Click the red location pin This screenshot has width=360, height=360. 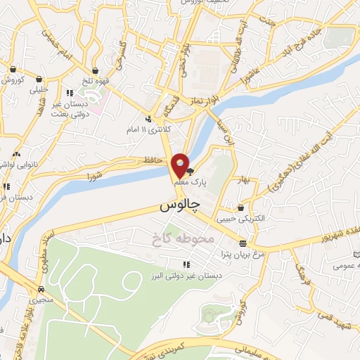tap(181, 165)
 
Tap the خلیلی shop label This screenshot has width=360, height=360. tap(38, 90)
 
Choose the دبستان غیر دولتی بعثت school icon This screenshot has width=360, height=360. tap(69, 92)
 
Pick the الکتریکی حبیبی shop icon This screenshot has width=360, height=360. tap(241, 207)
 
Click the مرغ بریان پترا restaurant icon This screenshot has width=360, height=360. tap(252, 243)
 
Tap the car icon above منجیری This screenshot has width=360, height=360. tap(41, 289)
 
